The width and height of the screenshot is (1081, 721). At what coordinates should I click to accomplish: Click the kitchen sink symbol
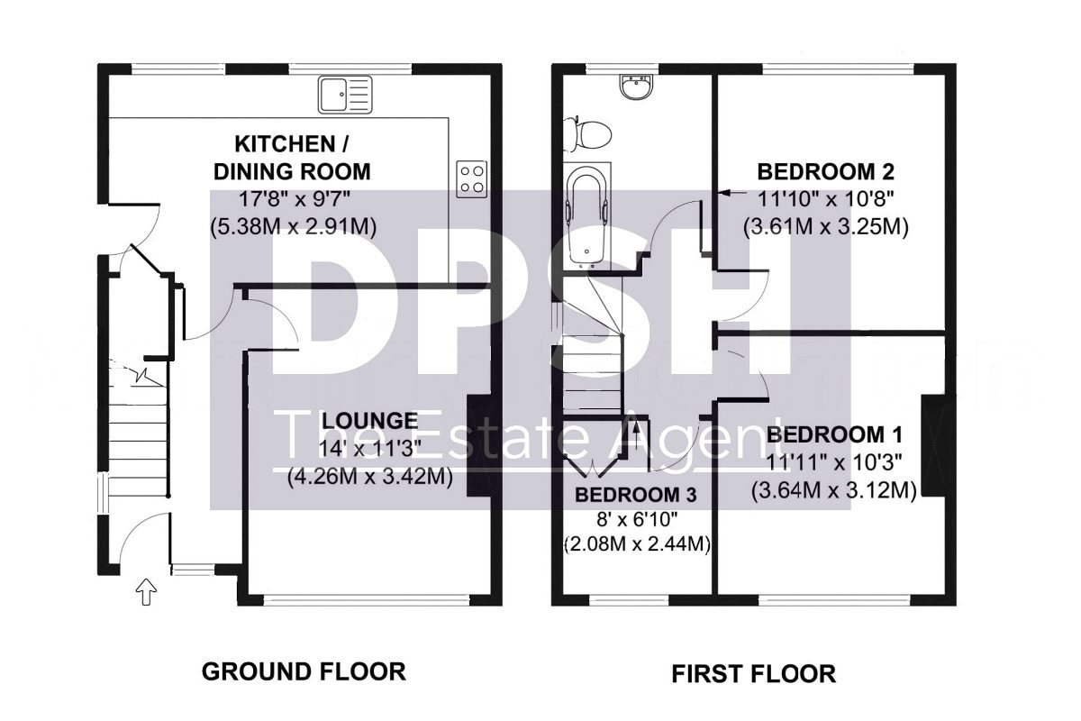pyautogui.click(x=345, y=95)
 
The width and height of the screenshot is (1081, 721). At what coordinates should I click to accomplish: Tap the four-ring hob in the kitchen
pyautogui.click(x=471, y=179)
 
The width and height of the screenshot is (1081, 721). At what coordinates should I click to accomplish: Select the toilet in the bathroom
pyautogui.click(x=588, y=133)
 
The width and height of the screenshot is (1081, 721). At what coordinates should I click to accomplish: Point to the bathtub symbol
pyautogui.click(x=586, y=216)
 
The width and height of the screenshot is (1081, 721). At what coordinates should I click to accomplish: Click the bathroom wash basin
pyautogui.click(x=637, y=88)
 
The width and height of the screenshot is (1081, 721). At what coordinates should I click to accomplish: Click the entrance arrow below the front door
pyautogui.click(x=147, y=592)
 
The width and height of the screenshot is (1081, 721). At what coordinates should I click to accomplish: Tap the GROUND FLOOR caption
pyautogui.click(x=304, y=671)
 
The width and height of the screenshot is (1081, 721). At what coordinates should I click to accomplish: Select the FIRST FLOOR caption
pyautogui.click(x=753, y=674)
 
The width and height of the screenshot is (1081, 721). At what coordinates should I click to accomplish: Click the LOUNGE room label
pyautogui.click(x=369, y=421)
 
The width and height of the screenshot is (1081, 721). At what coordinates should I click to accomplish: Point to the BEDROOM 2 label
pyautogui.click(x=826, y=172)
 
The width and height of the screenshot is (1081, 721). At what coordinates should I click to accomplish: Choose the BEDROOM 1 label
pyautogui.click(x=834, y=434)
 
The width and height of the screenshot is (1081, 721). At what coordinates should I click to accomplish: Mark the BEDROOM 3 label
pyautogui.click(x=636, y=495)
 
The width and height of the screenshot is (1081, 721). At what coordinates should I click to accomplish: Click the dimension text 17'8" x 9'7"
pyautogui.click(x=295, y=198)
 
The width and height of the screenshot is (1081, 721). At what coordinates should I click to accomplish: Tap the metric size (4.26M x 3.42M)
pyautogui.click(x=370, y=478)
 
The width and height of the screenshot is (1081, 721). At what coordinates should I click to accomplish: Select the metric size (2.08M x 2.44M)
pyautogui.click(x=637, y=544)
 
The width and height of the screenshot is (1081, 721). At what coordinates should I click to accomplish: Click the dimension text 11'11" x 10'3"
pyautogui.click(x=834, y=463)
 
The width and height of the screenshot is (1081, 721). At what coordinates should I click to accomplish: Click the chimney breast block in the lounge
pyautogui.click(x=478, y=446)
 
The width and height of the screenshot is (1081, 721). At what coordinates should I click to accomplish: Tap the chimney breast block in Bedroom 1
pyautogui.click(x=934, y=446)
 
